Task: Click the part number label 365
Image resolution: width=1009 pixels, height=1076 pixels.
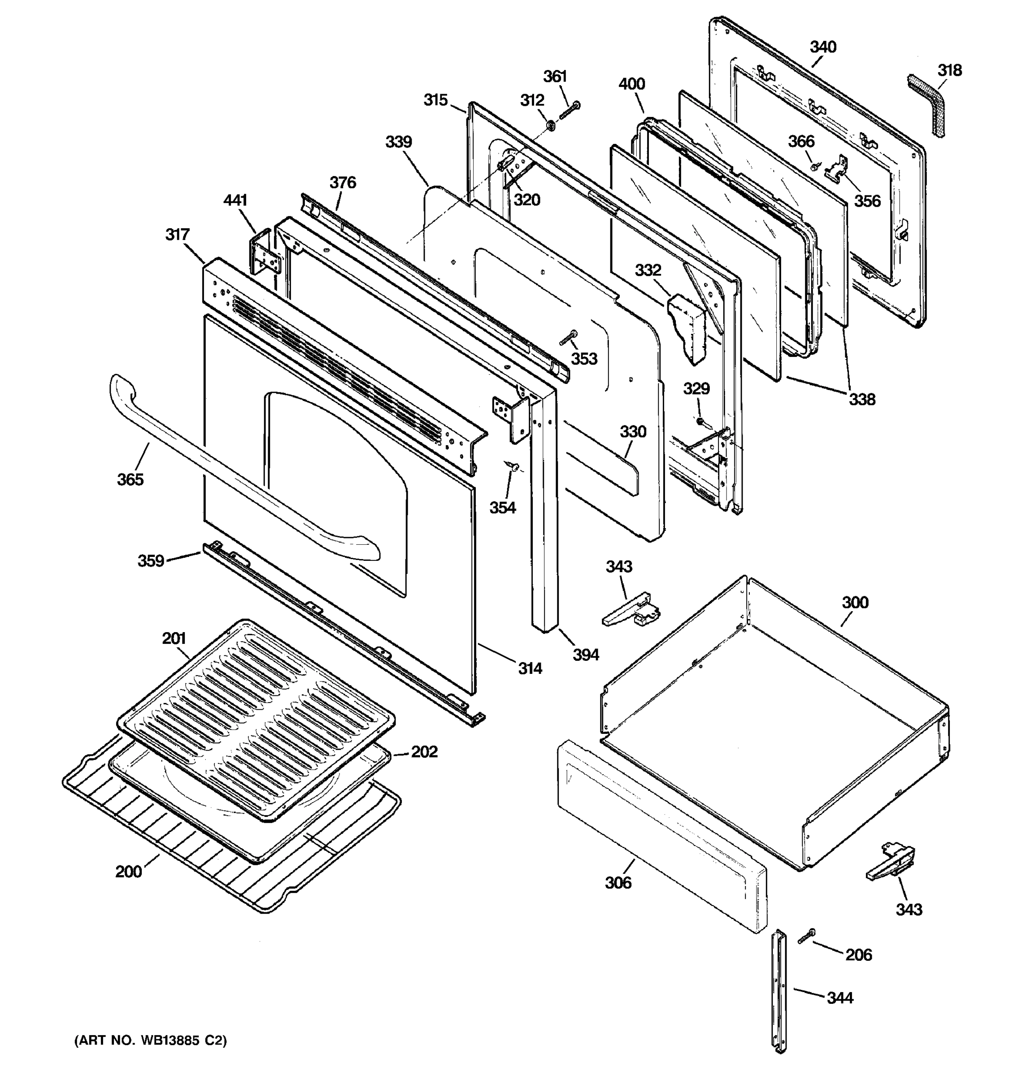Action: [130, 480]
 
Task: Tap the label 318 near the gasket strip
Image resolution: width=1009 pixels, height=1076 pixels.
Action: [949, 70]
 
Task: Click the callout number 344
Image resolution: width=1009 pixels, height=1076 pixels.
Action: [839, 998]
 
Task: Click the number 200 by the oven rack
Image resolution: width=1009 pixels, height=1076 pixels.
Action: [128, 872]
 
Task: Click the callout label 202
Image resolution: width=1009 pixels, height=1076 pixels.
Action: [424, 752]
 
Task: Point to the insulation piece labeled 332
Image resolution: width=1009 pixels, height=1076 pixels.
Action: [687, 327]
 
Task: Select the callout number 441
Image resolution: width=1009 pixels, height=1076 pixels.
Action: [235, 200]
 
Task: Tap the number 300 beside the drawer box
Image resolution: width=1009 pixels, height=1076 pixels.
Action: [855, 603]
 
